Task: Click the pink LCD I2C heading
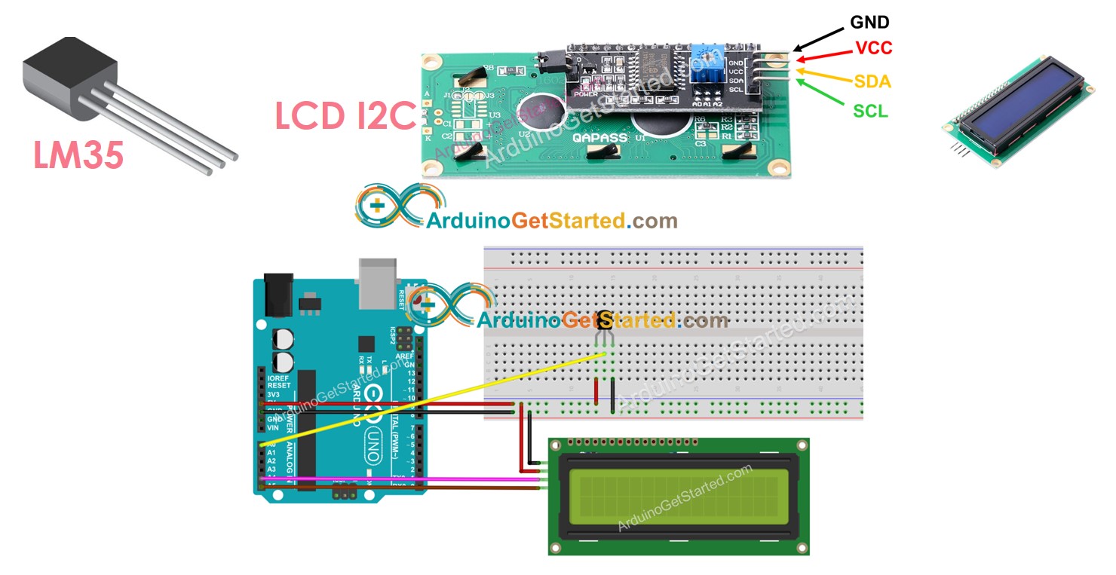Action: click(345, 117)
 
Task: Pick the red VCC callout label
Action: click(874, 48)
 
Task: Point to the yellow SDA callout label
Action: click(872, 81)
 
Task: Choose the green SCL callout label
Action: click(870, 112)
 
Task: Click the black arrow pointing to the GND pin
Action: click(818, 40)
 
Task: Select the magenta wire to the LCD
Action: click(400, 479)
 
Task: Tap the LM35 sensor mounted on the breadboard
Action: click(605, 322)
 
